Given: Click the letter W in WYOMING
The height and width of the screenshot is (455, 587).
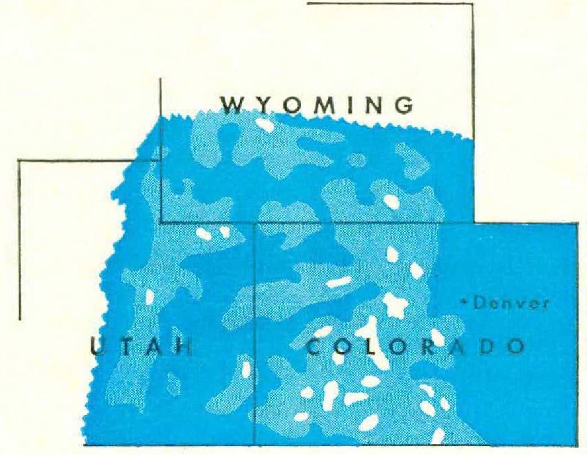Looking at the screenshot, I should [x=230, y=104].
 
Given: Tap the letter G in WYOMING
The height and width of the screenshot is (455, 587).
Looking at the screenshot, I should [x=405, y=104].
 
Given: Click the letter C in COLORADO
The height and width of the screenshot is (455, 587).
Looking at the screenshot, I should [x=314, y=347].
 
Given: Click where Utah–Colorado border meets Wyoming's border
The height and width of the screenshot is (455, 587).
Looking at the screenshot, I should [x=255, y=223].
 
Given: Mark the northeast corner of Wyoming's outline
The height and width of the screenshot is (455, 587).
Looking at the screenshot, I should [x=472, y=4].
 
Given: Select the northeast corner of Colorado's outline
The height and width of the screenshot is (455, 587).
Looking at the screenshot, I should [x=578, y=223].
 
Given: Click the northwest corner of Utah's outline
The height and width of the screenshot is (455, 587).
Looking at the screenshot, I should [x=19, y=160].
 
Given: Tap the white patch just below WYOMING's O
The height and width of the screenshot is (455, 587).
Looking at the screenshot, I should [x=265, y=124].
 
